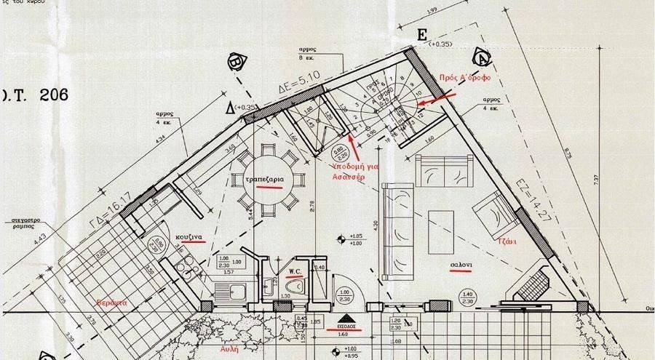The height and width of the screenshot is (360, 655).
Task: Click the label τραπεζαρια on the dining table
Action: (x=263, y=179)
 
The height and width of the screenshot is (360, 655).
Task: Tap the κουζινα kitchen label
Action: (x=188, y=238)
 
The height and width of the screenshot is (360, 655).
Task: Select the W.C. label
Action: (x=295, y=273)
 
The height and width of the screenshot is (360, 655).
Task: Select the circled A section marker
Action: (x=481, y=56)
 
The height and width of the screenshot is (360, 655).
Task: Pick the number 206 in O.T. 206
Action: (x=49, y=95)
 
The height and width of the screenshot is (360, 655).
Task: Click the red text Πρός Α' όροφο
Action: (x=463, y=78)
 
